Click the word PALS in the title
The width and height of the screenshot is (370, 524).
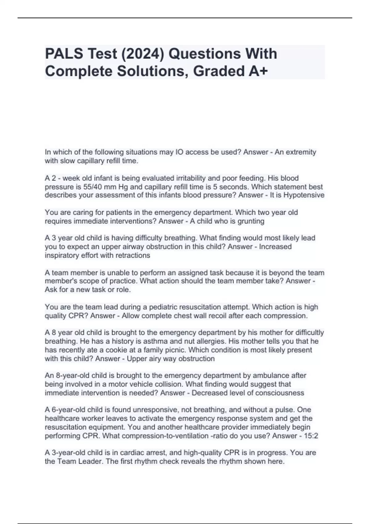tap(64, 54)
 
